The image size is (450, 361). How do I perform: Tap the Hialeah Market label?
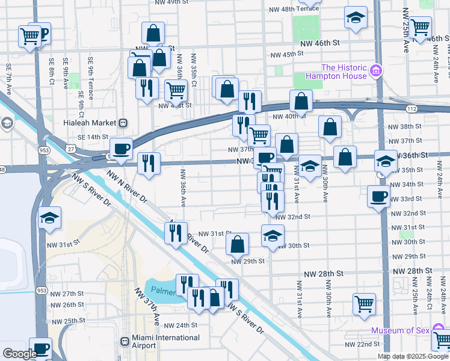[x=89, y=122]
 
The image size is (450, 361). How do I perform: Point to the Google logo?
[x=20, y=354]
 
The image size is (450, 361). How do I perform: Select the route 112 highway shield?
[x=410, y=110]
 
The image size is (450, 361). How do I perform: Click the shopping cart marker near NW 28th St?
[x=364, y=303]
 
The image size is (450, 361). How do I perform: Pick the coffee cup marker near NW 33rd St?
[x=379, y=196]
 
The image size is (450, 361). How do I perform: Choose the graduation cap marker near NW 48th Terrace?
[x=356, y=18]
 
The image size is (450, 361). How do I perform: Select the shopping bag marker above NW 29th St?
[x=238, y=243]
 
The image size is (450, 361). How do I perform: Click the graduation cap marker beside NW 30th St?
[x=273, y=235]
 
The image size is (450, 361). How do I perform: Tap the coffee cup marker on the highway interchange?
[x=121, y=148]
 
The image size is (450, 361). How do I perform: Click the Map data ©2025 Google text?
[x=412, y=356]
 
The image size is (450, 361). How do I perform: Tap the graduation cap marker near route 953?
[x=49, y=217]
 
